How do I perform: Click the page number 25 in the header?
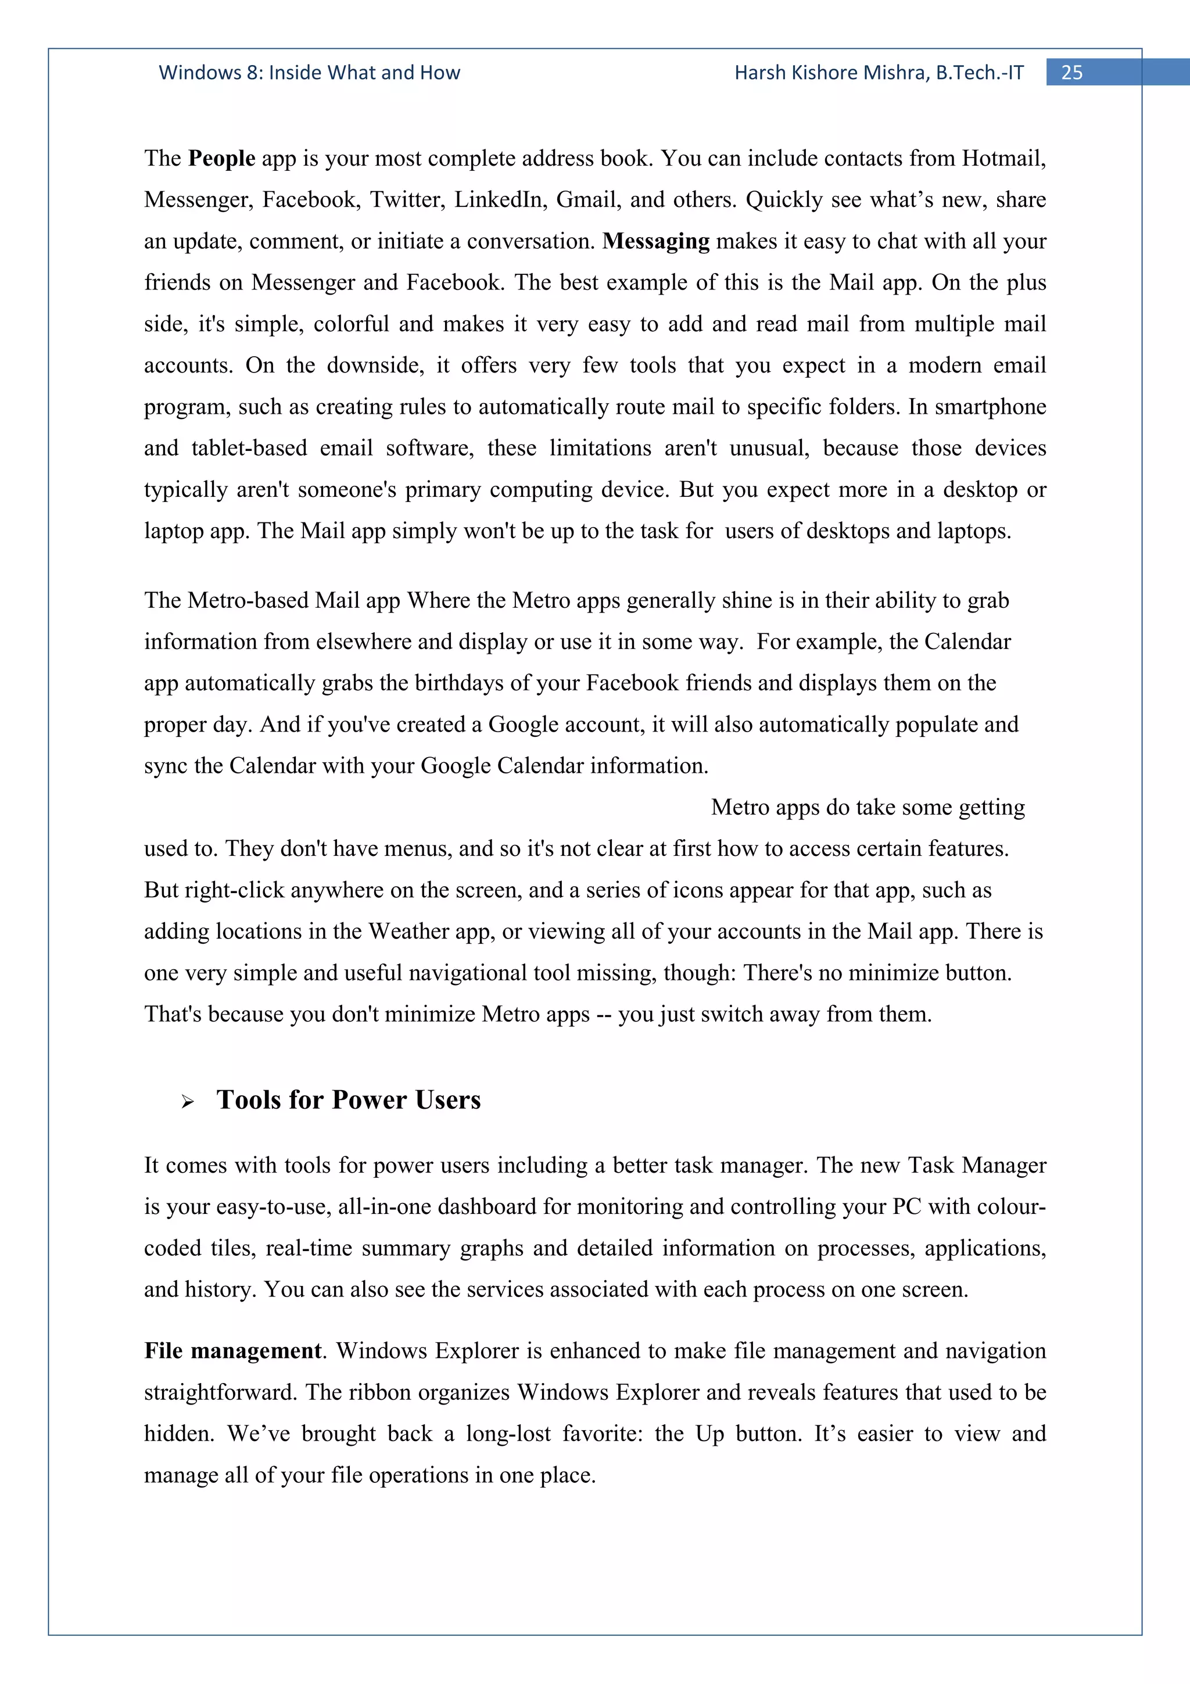(x=1071, y=73)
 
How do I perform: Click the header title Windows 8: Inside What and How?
(x=310, y=73)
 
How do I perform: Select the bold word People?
(x=221, y=159)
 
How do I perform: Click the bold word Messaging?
(x=655, y=241)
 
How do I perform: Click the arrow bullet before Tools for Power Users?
(x=188, y=1102)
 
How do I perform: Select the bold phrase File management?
(x=232, y=1351)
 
